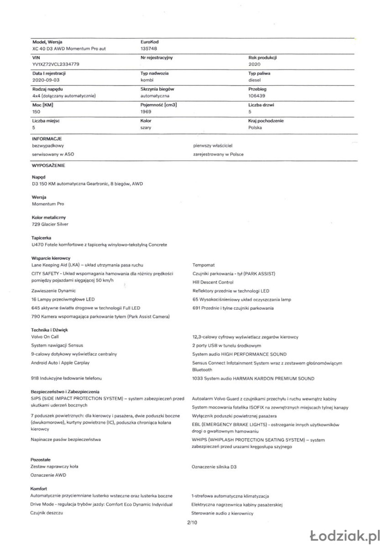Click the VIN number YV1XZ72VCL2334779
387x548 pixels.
tap(56, 64)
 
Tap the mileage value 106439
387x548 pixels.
tap(257, 96)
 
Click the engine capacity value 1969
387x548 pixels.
tap(146, 111)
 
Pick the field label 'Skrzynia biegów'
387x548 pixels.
tap(157, 89)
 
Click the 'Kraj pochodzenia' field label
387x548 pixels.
tap(266, 121)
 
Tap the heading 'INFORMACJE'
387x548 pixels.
tap(47, 138)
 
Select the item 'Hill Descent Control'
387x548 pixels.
tap(213, 282)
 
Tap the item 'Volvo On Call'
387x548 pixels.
tap(45, 337)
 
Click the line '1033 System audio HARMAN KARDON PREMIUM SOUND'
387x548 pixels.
tap(253, 379)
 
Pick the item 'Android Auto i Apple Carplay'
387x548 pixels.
tap(60, 363)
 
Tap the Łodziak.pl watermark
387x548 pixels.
tap(345, 535)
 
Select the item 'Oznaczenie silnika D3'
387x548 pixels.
tap(214, 467)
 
